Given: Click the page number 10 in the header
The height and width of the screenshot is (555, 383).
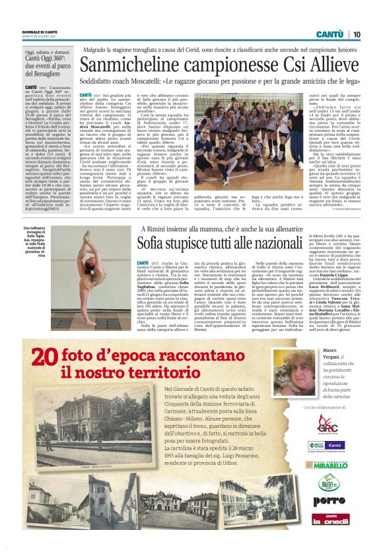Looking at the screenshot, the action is click(x=356, y=34).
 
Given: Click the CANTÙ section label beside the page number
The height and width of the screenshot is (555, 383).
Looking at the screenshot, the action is click(x=329, y=34).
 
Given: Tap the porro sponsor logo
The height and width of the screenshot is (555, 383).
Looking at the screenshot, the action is click(x=329, y=501).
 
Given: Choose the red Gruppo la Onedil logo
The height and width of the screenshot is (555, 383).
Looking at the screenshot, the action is click(x=329, y=519).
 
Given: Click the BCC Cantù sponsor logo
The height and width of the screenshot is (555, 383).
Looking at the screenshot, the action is click(x=329, y=446).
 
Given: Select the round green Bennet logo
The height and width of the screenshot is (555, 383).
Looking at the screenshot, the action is click(x=329, y=482).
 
